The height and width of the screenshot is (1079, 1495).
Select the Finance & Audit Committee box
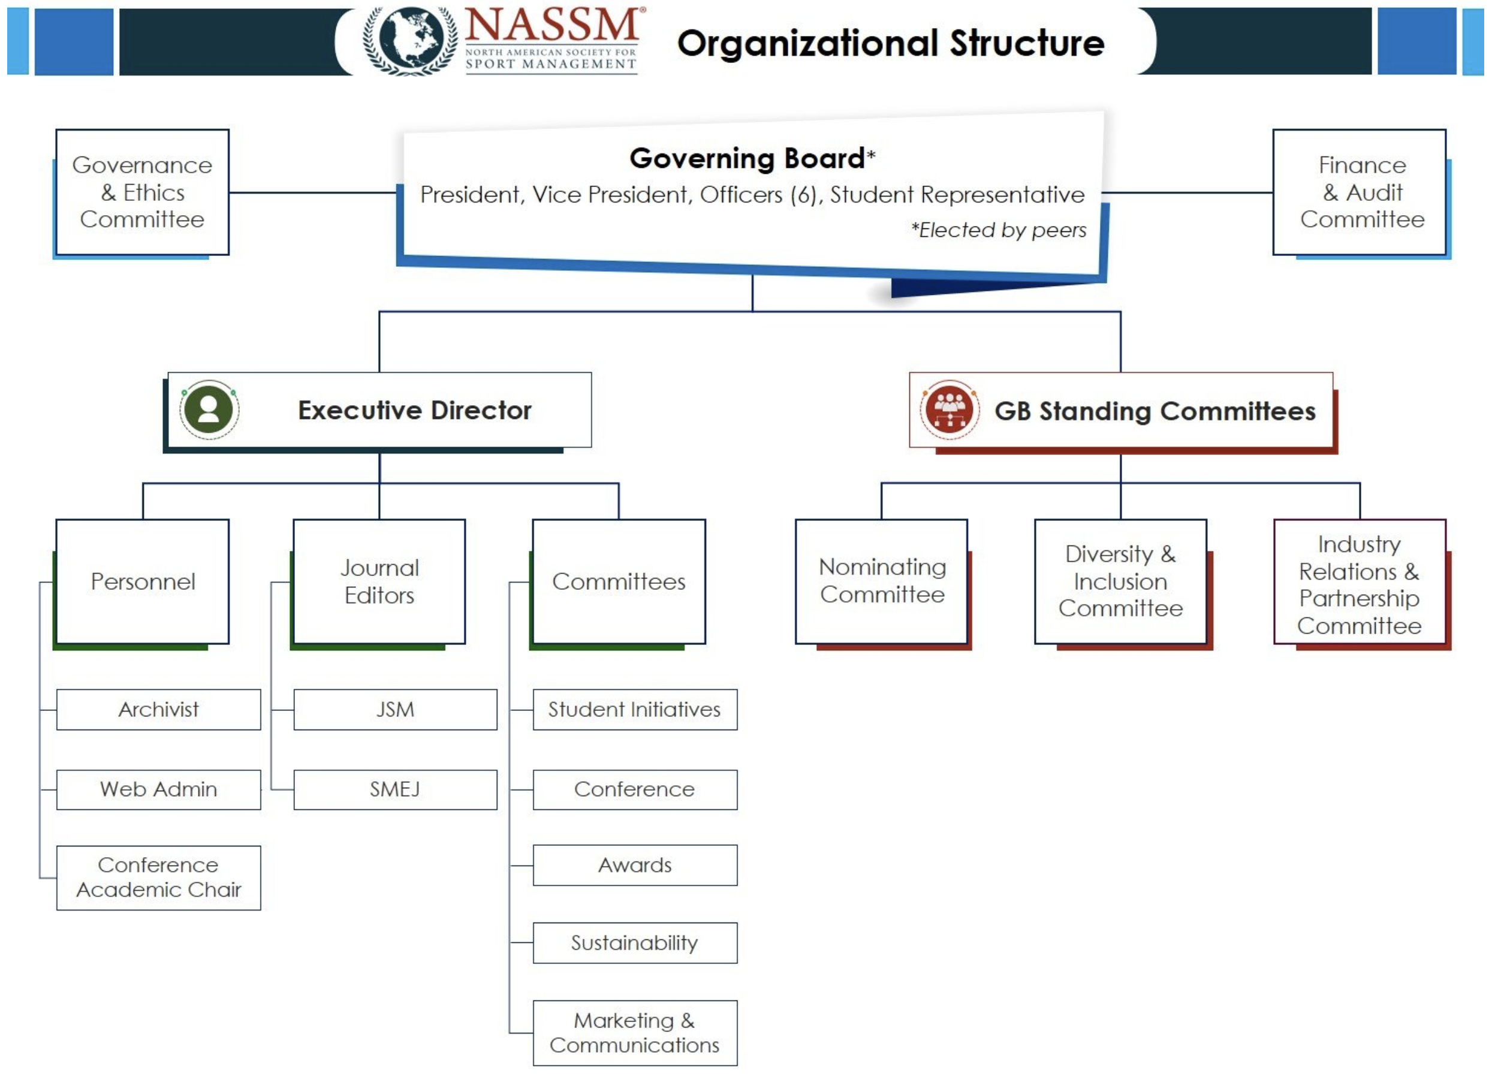1362,192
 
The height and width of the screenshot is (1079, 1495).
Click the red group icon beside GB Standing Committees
949,410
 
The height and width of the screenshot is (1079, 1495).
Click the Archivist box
158,710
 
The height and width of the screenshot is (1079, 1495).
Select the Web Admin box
158,789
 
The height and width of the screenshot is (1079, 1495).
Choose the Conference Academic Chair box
158,878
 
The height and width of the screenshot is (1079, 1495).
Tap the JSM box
395,710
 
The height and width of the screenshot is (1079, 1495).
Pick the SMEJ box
395,789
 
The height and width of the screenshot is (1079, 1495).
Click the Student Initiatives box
635,710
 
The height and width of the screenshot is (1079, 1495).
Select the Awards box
635,866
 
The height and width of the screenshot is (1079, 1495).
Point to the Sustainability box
635,943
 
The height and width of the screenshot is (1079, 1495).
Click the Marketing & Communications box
635,1033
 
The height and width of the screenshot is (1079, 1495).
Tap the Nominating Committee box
882,581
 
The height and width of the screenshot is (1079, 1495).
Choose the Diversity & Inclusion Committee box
1120,581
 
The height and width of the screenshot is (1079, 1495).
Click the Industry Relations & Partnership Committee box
1359,584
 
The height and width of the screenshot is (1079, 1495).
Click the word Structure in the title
1027,44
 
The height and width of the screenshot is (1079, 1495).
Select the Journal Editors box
379,581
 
